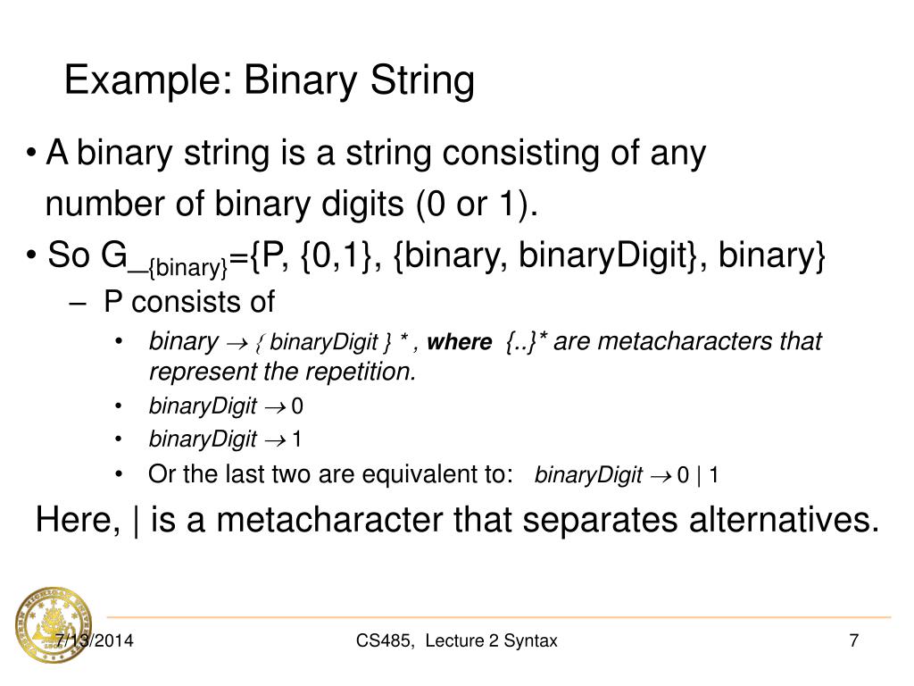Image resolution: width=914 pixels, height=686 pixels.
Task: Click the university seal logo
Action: pyautogui.click(x=53, y=625)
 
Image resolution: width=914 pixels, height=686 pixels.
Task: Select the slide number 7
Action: pyautogui.click(x=853, y=640)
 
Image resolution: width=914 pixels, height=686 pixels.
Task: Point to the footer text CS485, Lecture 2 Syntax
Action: pyautogui.click(x=456, y=640)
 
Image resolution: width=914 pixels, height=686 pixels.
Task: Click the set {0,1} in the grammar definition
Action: pyautogui.click(x=337, y=256)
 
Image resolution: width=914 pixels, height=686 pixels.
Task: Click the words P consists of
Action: pyautogui.click(x=189, y=302)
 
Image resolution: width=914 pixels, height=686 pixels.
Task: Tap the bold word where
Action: pyautogui.click(x=460, y=343)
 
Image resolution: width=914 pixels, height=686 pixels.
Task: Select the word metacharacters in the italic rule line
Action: pyautogui.click(x=683, y=341)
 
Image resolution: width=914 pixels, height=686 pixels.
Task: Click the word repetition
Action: pyautogui.click(x=366, y=372)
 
